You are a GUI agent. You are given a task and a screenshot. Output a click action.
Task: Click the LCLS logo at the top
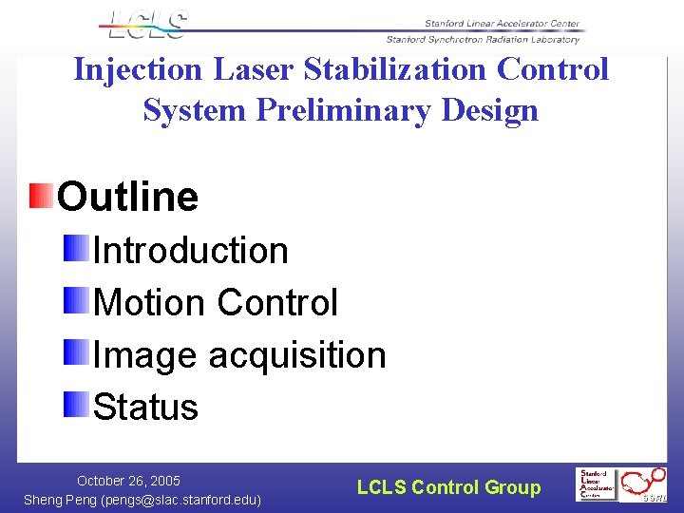(x=146, y=25)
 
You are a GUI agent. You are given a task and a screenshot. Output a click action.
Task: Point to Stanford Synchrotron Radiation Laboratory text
(x=482, y=40)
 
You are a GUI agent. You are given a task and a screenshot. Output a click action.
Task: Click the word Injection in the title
(x=138, y=70)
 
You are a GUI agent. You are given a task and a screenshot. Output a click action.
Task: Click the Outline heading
(x=127, y=197)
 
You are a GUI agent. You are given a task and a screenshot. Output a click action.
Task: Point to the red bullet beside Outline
(x=41, y=196)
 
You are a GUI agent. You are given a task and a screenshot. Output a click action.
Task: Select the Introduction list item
(x=191, y=251)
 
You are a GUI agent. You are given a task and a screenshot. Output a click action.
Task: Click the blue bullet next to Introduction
(x=77, y=249)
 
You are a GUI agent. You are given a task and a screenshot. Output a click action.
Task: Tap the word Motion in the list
(x=149, y=303)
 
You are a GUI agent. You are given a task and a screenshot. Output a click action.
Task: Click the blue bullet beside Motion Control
(x=77, y=301)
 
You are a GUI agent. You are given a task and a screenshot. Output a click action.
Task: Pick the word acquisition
(x=297, y=355)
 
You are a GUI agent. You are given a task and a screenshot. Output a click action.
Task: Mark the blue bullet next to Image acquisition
(x=77, y=353)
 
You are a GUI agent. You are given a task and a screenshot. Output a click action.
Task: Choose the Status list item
(x=146, y=407)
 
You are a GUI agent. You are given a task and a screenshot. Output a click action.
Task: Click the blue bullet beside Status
(x=77, y=405)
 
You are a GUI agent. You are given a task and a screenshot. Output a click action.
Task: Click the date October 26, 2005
(x=128, y=481)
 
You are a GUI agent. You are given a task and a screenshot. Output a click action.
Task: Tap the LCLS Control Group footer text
(x=448, y=487)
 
